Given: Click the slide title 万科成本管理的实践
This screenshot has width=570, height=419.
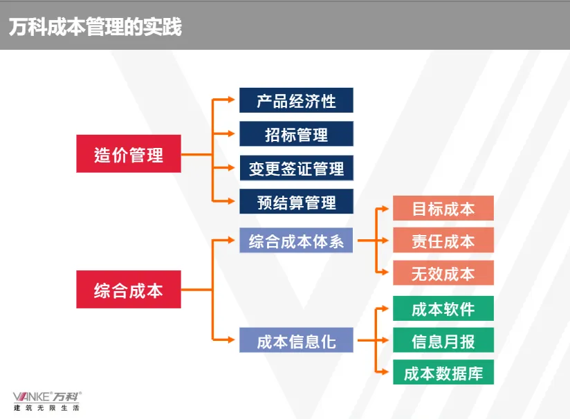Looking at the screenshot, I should pos(95,27).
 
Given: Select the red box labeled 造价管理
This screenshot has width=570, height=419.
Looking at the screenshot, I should pos(129,154).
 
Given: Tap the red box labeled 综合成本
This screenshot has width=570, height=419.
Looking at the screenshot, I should pos(129,290).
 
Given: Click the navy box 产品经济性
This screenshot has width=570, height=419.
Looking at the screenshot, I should pos(296,101).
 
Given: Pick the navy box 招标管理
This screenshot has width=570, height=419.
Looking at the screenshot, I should pos(296,134).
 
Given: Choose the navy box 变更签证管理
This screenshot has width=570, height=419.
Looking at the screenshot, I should pos(296,168).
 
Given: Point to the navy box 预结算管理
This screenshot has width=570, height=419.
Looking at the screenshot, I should pos(296,202).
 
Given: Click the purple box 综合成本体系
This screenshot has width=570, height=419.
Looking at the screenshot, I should pos(296,241).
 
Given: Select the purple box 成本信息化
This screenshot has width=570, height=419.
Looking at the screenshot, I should pos(296,340).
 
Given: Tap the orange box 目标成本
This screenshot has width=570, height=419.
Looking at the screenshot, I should pos(443,209).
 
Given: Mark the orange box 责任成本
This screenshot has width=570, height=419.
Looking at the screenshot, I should pos(443,241).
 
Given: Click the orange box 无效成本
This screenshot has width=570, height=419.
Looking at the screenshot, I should pos(443,273).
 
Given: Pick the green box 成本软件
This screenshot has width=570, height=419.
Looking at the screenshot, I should pos(443,308).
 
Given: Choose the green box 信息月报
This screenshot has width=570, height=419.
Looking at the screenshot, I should pos(443,340).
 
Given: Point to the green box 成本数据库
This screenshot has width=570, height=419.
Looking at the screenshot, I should pos(443,373).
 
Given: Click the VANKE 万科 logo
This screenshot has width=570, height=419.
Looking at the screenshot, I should pos(47,396).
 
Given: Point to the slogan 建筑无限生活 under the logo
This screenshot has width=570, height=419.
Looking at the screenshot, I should pos(47,408).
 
